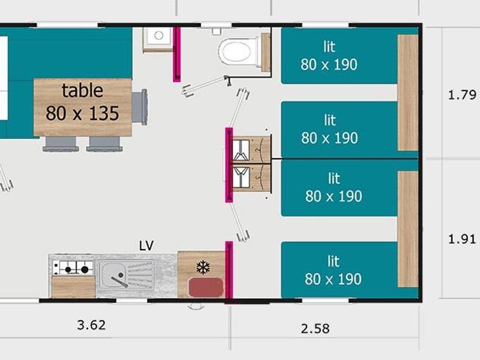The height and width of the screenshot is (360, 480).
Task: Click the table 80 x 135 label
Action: click(82, 102)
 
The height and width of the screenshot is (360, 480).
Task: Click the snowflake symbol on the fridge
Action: click(203, 267)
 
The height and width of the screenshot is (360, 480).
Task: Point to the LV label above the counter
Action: click(146, 245)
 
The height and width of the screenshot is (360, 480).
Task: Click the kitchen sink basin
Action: click(114, 275)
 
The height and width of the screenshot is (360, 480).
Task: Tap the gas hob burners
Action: click(73, 268)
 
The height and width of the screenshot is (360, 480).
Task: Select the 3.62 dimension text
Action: click(92, 325)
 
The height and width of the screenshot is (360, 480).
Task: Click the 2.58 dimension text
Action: click(315, 329)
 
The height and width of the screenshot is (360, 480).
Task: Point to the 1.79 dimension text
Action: click(462, 94)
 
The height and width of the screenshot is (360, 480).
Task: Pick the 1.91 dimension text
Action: click(462, 239)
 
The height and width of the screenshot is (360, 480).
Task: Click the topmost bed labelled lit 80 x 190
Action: click(339, 55)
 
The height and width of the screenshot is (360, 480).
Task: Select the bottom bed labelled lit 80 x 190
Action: click(339, 270)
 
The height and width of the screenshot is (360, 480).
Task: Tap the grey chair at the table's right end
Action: click(140, 107)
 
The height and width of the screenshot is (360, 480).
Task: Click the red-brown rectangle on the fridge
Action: click(206, 287)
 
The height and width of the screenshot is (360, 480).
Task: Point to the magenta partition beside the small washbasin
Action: click(177, 54)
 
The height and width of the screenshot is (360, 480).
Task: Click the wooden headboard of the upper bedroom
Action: click(408, 92)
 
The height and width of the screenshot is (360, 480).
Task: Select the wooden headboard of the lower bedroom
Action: click(408, 229)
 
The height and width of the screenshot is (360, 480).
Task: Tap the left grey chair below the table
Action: click(61, 143)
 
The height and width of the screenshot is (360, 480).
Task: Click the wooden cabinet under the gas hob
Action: click(73, 286)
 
